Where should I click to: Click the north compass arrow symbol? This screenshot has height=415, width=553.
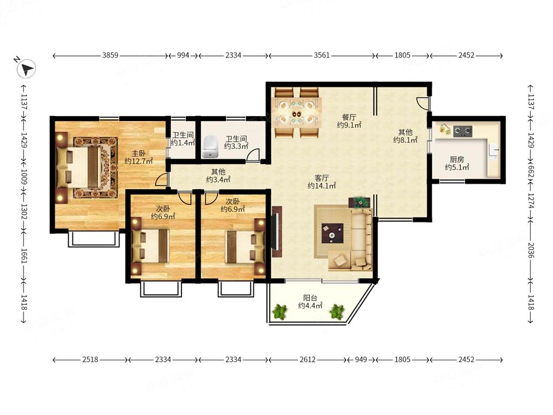tap(26, 68)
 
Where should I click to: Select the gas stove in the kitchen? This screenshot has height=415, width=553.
tap(463, 131)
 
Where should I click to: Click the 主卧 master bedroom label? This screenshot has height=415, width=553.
tap(139, 153)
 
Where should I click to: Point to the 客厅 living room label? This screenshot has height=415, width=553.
tap(322, 178)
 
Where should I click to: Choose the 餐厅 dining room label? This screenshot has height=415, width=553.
tap(349, 117)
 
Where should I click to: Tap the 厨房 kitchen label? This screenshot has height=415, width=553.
tap(457, 160)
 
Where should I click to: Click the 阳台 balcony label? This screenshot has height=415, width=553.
tap(310, 298)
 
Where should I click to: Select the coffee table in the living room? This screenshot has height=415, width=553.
tap(332, 234)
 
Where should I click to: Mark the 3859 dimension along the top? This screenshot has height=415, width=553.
tap(110, 55)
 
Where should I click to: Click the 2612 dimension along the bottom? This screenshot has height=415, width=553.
tap(307, 360)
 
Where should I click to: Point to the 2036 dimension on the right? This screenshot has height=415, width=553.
tap(531, 250)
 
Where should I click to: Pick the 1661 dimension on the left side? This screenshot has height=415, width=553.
tap(24, 256)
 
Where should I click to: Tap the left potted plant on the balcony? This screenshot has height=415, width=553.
tap(280, 312)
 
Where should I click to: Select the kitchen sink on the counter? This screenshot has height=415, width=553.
tap(494, 151)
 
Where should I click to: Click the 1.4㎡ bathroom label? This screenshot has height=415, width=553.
tap(183, 139)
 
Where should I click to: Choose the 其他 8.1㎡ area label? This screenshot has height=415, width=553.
tap(405, 136)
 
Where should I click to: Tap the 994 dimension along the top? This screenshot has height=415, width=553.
tap(182, 55)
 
